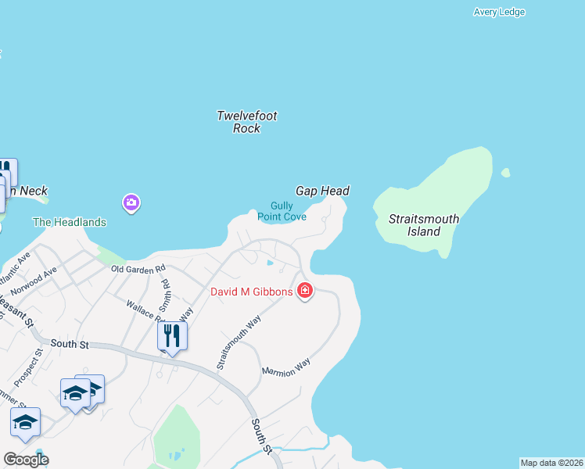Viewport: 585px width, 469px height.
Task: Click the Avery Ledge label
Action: [499, 12]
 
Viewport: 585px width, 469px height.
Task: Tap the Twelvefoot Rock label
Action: [246, 122]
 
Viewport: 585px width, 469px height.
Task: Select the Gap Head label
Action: [322, 191]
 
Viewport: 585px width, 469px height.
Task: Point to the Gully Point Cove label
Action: [282, 211]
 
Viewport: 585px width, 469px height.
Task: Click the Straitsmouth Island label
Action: [424, 225]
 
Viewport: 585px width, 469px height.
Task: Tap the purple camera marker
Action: [131, 203]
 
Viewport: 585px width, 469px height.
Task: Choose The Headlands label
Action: [69, 222]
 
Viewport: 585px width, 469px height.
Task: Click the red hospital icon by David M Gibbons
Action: [305, 292]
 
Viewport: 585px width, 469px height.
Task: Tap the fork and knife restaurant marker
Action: [172, 336]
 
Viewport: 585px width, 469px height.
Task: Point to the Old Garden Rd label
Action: [138, 269]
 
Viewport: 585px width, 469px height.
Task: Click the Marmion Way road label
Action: [286, 367]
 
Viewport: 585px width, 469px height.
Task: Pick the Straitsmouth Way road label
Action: [239, 342]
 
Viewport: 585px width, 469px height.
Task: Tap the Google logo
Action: [26, 460]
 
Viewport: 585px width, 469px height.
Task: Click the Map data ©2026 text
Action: [551, 463]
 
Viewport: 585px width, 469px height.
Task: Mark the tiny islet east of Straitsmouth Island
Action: [505, 173]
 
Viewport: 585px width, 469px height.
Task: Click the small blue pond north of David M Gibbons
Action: [271, 262]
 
